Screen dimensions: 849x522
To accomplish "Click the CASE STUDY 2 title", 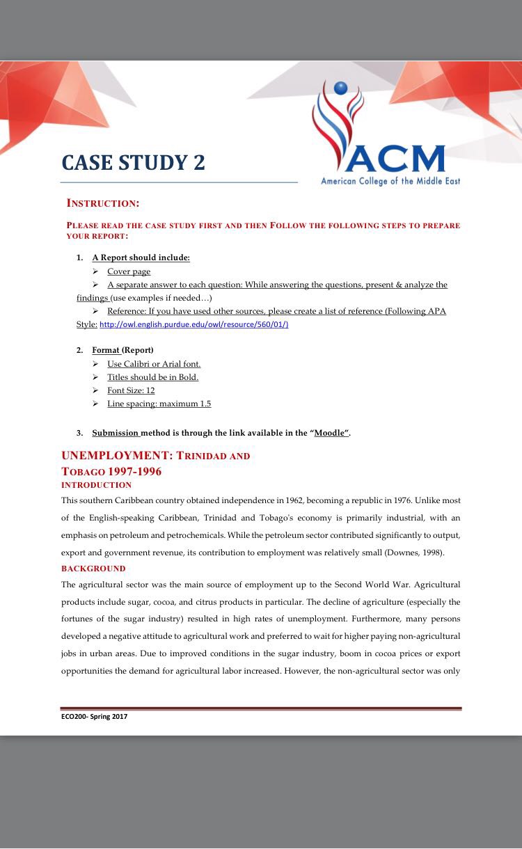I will (x=133, y=162).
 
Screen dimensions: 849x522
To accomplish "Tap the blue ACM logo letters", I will (x=395, y=159).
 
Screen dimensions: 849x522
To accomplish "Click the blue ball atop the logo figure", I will (x=340, y=88).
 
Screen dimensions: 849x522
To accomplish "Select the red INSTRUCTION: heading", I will (x=103, y=203).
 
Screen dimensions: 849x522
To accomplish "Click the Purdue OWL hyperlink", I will (x=194, y=324).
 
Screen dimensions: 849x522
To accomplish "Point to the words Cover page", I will (x=129, y=271).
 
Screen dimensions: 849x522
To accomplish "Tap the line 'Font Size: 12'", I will (x=131, y=390).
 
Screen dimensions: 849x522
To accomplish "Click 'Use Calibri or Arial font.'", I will (x=154, y=364).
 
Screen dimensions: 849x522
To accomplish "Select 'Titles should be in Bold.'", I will (x=152, y=377).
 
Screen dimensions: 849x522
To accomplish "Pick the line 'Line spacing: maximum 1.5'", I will (x=159, y=404).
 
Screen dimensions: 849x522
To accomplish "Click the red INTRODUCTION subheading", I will (x=96, y=485).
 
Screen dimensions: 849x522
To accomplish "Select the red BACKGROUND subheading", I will (x=93, y=569).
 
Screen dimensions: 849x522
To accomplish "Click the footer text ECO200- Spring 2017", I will (x=95, y=716).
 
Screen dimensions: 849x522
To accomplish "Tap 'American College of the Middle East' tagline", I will (x=390, y=182).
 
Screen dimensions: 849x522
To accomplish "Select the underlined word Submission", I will (x=116, y=433).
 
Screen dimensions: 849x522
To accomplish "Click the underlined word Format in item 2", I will (x=106, y=350).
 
